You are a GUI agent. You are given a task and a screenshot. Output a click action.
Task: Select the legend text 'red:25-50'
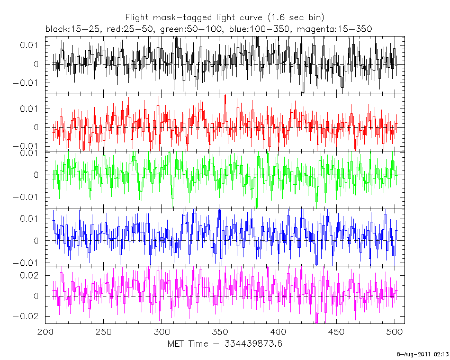coord(127,29)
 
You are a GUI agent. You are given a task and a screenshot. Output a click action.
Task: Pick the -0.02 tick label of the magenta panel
coord(27,317)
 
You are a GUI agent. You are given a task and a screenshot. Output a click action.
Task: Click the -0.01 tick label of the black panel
coord(27,83)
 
